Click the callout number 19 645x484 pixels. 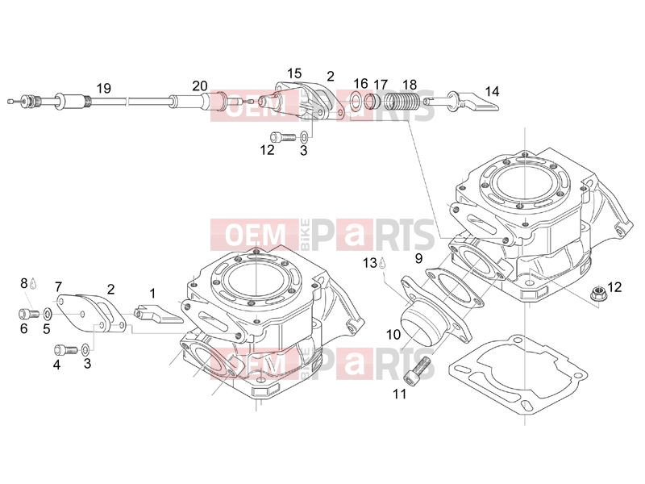click(104, 88)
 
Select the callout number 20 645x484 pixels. click(200, 86)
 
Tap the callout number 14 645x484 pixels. click(492, 91)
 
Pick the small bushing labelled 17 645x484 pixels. click(372, 100)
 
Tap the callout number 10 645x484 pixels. click(393, 334)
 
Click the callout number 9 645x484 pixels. click(418, 258)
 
